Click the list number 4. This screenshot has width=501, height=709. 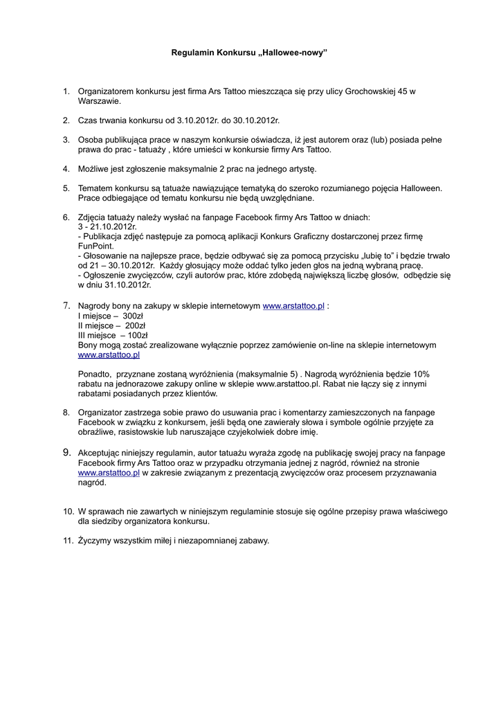66,168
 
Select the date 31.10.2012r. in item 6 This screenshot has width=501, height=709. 128,285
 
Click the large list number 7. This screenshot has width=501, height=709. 66,305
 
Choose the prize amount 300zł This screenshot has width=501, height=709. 134,315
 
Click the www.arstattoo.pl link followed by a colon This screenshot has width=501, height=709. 293,305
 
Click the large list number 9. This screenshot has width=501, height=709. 66,452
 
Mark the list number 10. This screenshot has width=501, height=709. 69,511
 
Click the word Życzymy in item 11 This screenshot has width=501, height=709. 97,541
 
